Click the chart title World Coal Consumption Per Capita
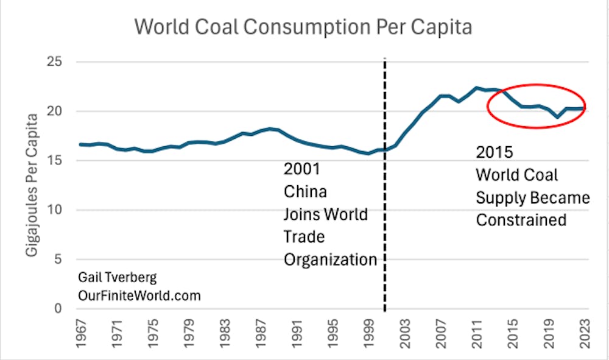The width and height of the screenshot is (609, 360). tap(303, 27)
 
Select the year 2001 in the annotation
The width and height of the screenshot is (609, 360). tap(302, 169)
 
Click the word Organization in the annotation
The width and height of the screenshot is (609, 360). tap(330, 259)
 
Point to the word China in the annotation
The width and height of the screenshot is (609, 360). tap(305, 191)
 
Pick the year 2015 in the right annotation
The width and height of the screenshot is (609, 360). tap(495, 152)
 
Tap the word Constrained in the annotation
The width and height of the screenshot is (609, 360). tap(521, 219)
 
